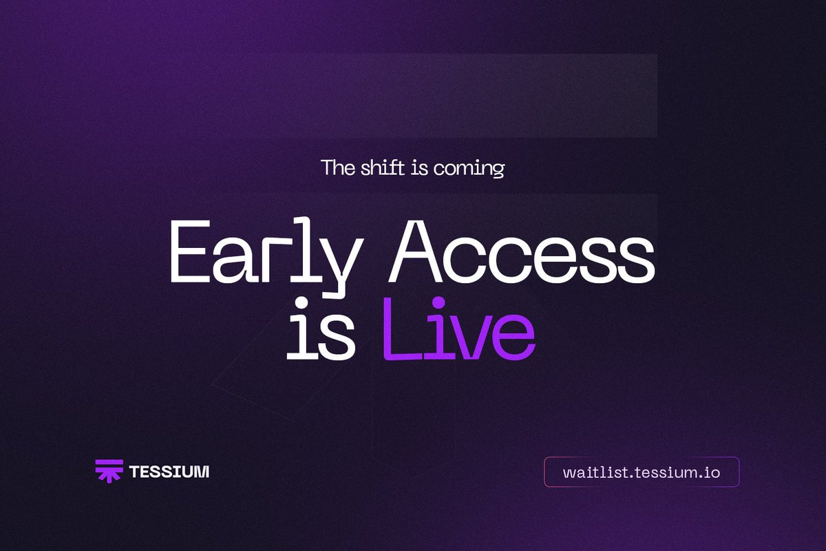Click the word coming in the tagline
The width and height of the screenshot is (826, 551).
pos(468,169)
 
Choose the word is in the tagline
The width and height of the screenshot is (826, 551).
pos(419,168)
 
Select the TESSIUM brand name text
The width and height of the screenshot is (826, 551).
pos(169,472)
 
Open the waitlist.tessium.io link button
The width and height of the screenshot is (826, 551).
pos(642,472)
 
